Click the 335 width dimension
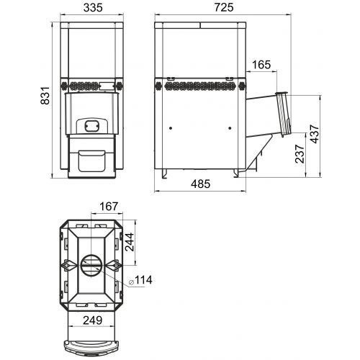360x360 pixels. pos(93,8)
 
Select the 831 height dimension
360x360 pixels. pos(45,96)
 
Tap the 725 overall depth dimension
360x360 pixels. pos(224,7)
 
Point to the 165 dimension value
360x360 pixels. pos(261,65)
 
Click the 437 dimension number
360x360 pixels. pos(315,134)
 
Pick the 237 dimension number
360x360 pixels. pos(300,154)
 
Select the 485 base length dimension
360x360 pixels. pos(201,184)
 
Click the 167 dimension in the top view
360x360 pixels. pos(109,207)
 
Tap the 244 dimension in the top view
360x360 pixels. pos(130,242)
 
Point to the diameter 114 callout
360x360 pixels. pos(140,280)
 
